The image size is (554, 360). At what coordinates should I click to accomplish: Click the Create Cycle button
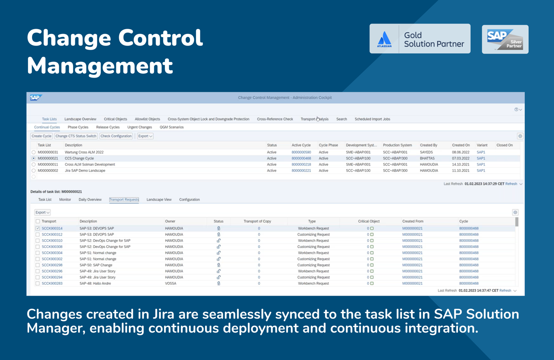tap(42, 136)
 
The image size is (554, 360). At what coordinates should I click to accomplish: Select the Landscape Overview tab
tap(80, 119)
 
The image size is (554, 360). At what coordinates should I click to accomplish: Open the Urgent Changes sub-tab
tap(140, 127)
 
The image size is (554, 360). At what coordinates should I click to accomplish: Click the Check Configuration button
tap(116, 136)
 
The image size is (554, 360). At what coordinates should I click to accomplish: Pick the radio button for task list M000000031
tap(34, 152)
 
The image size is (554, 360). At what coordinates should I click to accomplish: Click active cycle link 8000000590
tap(301, 152)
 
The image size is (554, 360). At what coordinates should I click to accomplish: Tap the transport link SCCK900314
tap(52, 228)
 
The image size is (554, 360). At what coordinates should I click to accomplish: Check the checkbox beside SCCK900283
tap(38, 284)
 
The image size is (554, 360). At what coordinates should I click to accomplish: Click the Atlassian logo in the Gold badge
tap(384, 39)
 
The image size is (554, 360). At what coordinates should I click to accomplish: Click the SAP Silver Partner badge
tap(505, 39)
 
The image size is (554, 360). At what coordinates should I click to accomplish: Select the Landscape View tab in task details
tap(159, 200)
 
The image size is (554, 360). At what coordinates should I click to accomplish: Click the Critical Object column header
tap(368, 221)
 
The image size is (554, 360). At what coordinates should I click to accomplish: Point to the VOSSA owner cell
tap(172, 284)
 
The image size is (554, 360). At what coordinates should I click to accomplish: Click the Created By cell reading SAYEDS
tap(426, 152)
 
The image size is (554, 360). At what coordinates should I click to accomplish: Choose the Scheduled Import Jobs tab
tap(372, 119)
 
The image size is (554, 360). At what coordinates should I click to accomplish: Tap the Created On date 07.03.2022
tap(461, 158)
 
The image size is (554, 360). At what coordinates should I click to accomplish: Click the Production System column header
tap(397, 145)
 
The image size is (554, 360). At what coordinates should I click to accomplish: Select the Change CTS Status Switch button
tap(76, 136)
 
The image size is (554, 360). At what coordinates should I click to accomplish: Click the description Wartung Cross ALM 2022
tap(84, 152)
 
